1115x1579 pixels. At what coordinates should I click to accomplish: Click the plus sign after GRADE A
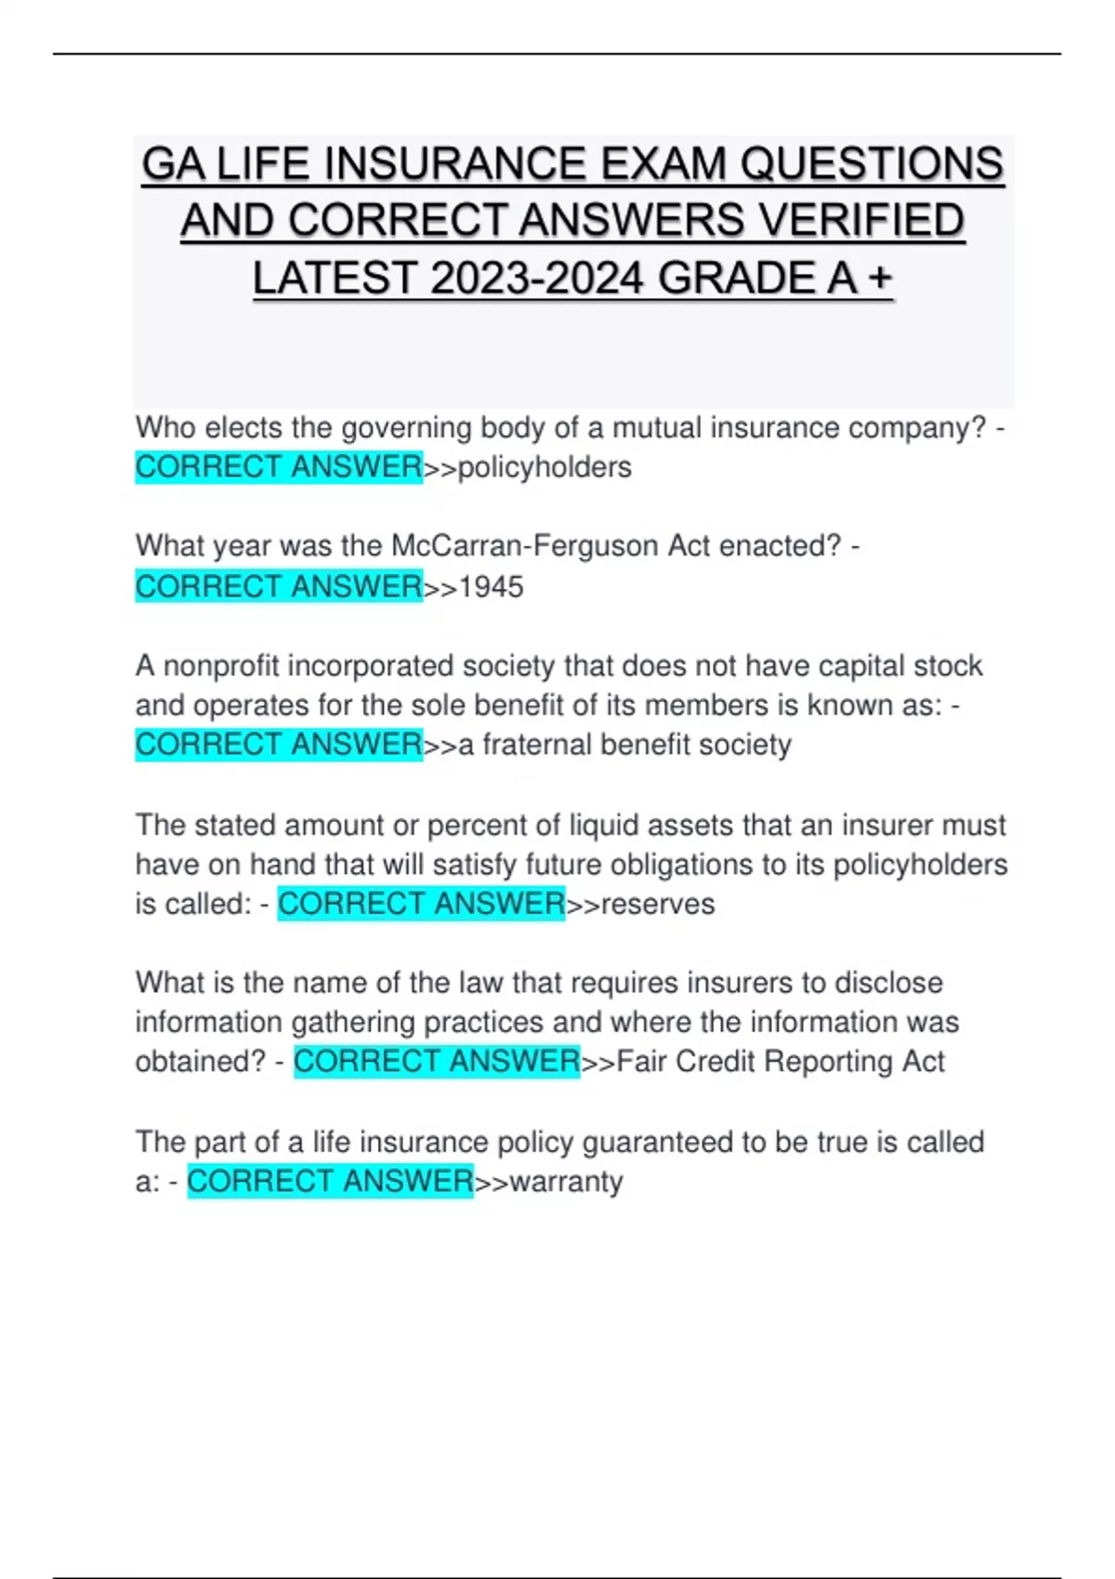(878, 279)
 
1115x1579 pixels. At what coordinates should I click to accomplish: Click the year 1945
(492, 587)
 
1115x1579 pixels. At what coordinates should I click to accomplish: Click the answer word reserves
(658, 904)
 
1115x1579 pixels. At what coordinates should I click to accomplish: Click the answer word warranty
(566, 1181)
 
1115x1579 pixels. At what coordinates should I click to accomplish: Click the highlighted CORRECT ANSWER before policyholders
(279, 466)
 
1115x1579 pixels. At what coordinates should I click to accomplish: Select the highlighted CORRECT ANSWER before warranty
(330, 1181)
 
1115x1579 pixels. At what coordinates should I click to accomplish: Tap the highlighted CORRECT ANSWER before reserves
(421, 903)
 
